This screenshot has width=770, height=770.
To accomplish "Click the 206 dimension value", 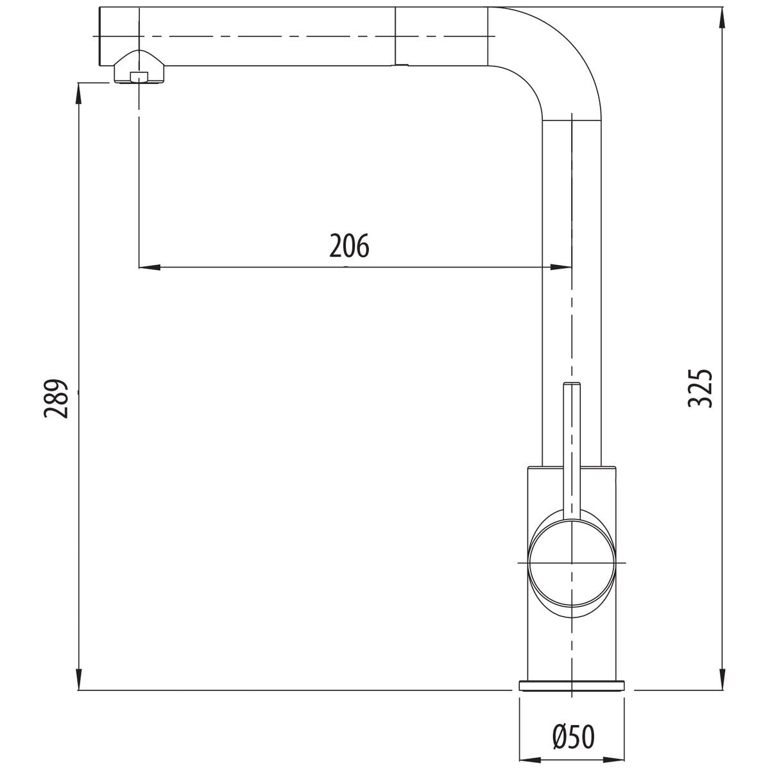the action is [x=349, y=246].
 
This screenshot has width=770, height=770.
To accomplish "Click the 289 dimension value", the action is [x=56, y=398].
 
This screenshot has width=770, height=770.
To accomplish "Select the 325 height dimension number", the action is [x=700, y=388].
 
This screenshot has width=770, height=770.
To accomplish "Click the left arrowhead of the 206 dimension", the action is [x=150, y=268].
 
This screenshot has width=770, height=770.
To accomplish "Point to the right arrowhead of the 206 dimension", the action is [x=561, y=268].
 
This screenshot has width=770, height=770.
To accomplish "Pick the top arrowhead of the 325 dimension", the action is [x=722, y=18].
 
